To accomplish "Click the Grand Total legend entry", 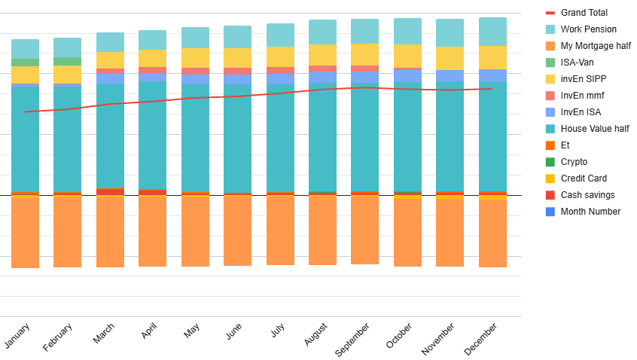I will tap(584, 13).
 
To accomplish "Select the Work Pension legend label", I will tap(588, 29).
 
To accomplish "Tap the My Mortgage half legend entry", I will tap(596, 46).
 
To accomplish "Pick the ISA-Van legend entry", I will tap(578, 63).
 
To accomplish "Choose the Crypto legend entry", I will tap(574, 162).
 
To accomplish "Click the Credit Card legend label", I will tap(584, 178).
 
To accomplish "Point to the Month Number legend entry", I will tap(590, 212).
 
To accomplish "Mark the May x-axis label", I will tap(192, 331).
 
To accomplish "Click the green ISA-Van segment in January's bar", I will tap(25, 63).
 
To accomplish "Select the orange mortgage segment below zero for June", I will tap(237, 230).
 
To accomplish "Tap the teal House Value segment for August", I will tap(322, 136).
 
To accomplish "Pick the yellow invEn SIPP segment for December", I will tap(492, 57).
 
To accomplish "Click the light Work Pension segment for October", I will tap(407, 31).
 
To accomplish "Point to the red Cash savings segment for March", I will tap(110, 191).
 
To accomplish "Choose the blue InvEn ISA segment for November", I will tap(450, 75).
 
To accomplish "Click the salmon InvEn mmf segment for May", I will tap(195, 71).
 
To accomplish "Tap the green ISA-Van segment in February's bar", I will tap(67, 61).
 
